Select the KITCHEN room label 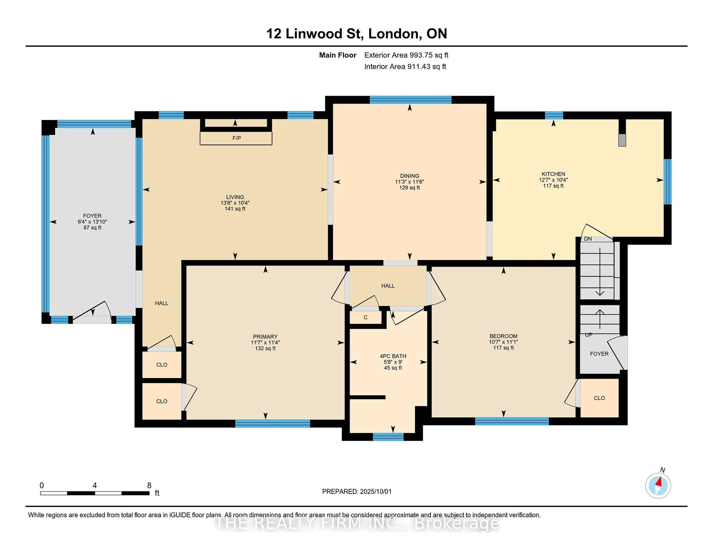point(553,174)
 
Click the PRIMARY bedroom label point(265,337)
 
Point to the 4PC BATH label point(393,356)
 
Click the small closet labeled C point(366,317)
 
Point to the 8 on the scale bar point(149,485)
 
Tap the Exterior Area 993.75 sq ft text point(406,55)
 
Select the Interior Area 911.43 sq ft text point(405,67)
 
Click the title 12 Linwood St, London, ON point(356,34)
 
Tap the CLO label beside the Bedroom point(599,398)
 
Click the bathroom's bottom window point(388,437)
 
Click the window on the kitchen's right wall point(668,182)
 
